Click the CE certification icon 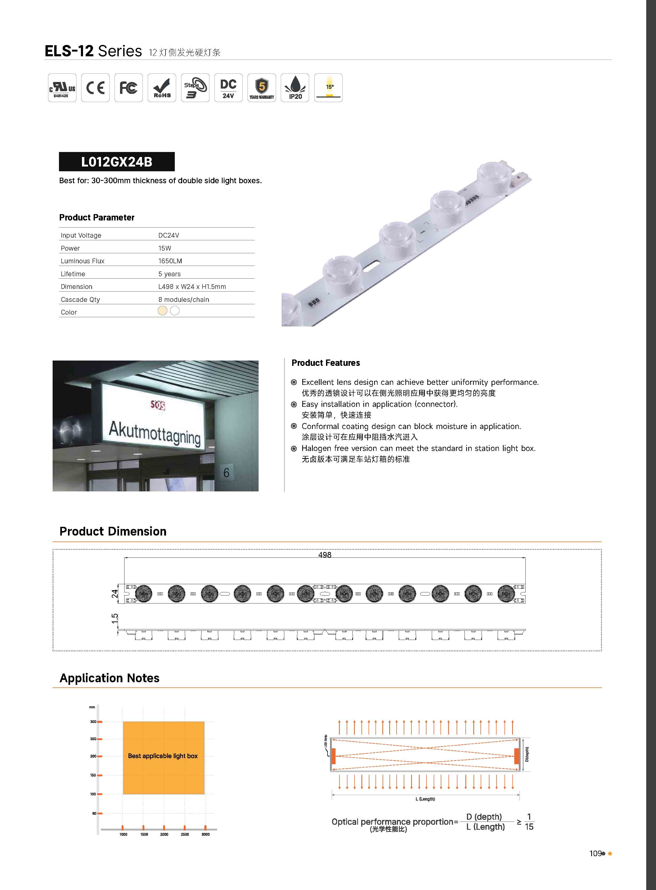tap(95, 88)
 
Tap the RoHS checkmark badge tap(162, 88)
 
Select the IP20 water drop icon tap(295, 88)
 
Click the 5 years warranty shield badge tap(262, 88)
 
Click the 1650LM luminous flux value tap(170, 261)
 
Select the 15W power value tap(164, 248)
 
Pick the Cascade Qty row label tap(80, 299)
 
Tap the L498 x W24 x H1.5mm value tap(192, 287)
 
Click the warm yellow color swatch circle tap(162, 311)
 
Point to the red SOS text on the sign tap(158, 405)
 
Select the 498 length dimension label tap(324, 555)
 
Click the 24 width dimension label tap(115, 593)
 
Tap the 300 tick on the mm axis tap(93, 722)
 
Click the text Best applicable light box tap(163, 756)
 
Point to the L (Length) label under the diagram tap(425, 799)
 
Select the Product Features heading tap(325, 363)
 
